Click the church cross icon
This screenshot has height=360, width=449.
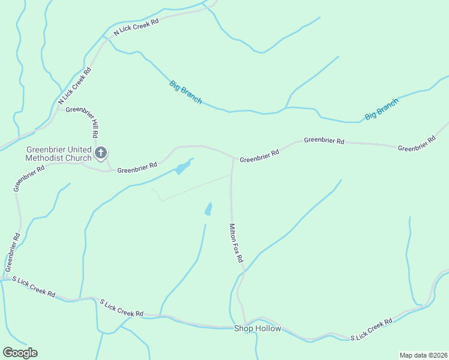pos(101,152)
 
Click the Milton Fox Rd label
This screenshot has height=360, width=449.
pos(235,243)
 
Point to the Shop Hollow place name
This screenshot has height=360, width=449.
pos(258,328)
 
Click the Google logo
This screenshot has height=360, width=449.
pos(20,353)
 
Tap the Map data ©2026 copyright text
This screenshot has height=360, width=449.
pos(423,355)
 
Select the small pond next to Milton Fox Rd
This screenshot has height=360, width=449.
pos(208,209)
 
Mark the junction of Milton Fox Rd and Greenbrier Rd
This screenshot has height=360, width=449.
pos(233,159)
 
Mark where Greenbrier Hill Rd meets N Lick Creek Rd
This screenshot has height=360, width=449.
pos(59,108)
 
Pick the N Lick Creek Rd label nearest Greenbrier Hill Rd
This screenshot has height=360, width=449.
pos(74,86)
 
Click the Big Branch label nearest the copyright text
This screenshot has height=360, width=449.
pos(381,109)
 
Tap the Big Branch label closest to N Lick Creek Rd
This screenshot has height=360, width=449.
pos(185,92)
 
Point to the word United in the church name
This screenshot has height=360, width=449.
pos(79,149)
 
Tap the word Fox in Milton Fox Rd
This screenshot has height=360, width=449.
pos(235,245)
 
